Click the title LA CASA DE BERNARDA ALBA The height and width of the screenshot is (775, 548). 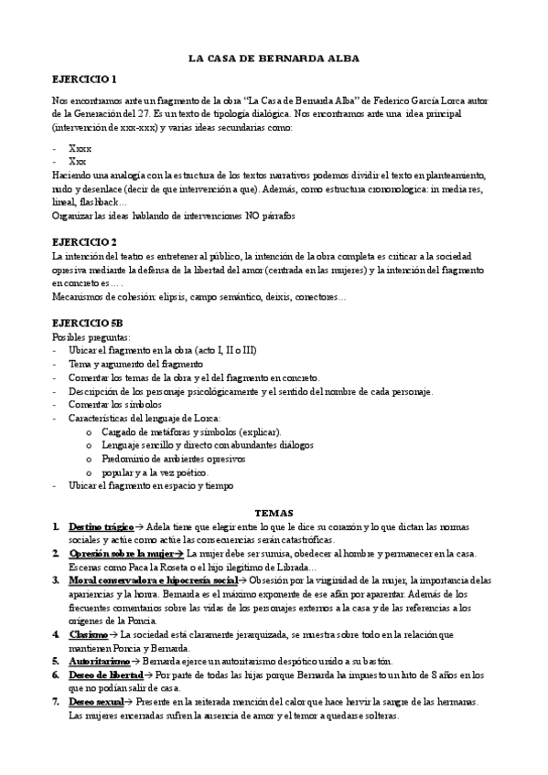pyautogui.click(x=274, y=58)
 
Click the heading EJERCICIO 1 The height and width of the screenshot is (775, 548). pyautogui.click(x=84, y=80)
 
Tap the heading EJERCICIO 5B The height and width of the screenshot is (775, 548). pyautogui.click(x=88, y=324)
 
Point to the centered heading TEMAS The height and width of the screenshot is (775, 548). pyautogui.click(x=274, y=514)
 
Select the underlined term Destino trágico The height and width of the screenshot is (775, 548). pyautogui.click(x=101, y=527)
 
